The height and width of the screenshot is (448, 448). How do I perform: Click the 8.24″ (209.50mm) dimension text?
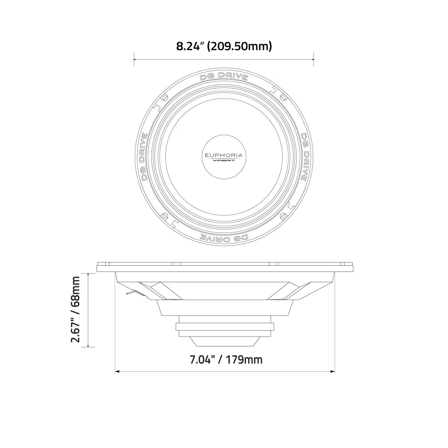tap(224, 46)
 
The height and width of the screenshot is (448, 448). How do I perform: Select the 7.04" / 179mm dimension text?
tap(224, 359)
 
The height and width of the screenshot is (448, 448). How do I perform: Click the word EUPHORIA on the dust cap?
tap(224, 155)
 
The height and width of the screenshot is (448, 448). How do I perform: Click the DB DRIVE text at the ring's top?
tap(224, 76)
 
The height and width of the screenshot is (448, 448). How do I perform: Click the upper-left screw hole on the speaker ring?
tap(164, 97)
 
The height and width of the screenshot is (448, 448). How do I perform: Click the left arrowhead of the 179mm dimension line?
tap(117, 371)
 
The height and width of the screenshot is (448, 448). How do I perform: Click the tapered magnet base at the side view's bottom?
tap(224, 341)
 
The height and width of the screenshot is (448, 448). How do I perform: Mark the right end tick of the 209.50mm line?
tap(314, 59)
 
